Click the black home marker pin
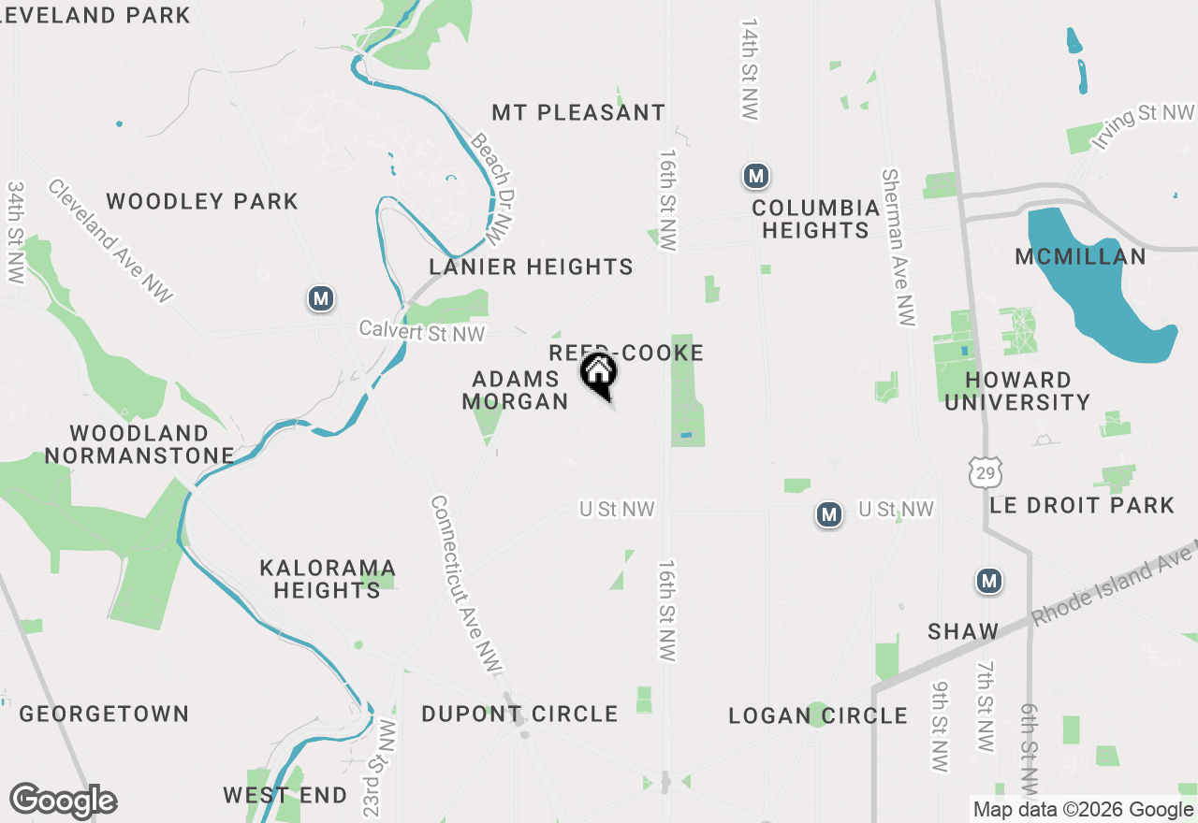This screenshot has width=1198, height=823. coord(599,374)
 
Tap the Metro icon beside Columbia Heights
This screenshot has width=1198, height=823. coord(756,175)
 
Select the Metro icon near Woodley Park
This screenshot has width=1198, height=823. coord(321,298)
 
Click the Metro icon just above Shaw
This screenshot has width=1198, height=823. coord(989,581)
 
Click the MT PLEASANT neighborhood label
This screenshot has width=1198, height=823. coord(578,113)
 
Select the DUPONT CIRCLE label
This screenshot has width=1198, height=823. coord(519,714)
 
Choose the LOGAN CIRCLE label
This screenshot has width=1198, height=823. coord(818,716)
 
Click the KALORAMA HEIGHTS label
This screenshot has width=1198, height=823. coord(328,579)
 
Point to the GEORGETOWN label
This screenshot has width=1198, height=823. coord(105,714)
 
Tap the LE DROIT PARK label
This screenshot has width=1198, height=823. coord(1082,505)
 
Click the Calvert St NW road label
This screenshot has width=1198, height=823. coord(423,332)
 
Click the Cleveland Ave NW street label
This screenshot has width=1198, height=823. coord(110,240)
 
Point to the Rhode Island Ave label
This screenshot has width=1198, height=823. coord(1114,585)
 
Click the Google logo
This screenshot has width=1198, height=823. coord(64,801)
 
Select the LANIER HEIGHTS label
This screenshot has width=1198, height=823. coord(531,267)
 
